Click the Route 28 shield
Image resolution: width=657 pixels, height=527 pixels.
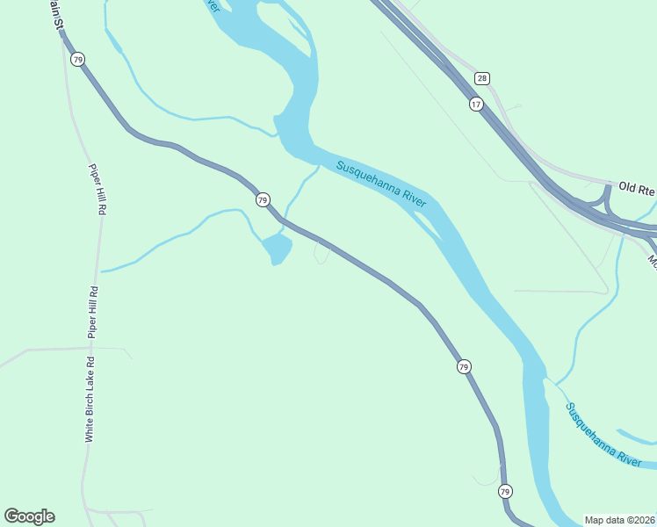(x=481, y=78)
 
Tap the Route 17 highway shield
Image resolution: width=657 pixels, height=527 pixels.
(x=475, y=104)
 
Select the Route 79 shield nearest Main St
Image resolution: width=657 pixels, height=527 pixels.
(x=78, y=60)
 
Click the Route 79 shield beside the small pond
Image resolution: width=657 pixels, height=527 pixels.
(x=263, y=200)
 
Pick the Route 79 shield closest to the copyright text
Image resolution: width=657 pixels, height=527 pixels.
(x=504, y=491)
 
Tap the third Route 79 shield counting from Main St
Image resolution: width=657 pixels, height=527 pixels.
(x=463, y=365)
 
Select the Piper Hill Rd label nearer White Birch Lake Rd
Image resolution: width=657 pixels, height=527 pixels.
(x=92, y=312)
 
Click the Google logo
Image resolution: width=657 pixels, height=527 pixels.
(x=29, y=516)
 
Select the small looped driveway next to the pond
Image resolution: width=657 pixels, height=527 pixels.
(x=321, y=254)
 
